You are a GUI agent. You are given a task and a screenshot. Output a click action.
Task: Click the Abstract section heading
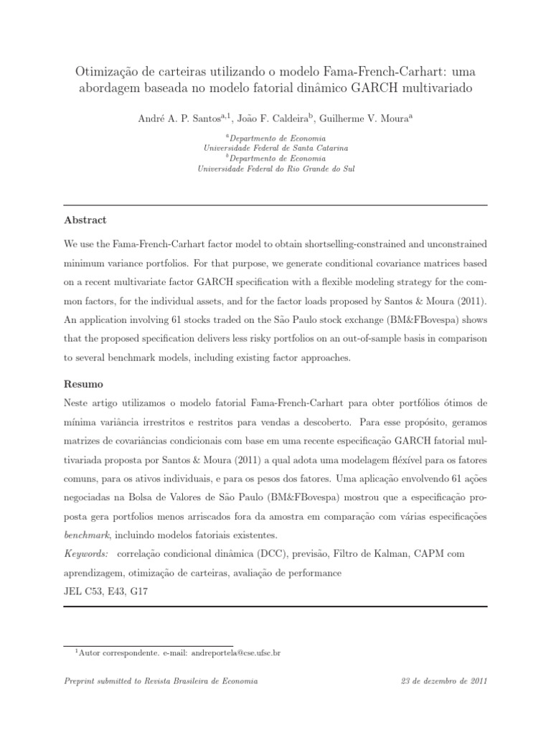(85, 220)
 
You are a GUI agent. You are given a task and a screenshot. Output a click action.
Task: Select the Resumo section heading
(83, 385)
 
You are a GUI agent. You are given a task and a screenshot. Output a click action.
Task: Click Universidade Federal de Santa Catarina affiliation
(275, 148)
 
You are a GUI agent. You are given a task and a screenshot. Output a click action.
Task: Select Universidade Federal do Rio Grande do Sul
(275, 169)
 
